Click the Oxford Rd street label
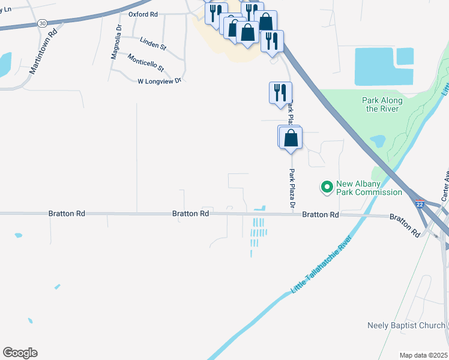pyautogui.click(x=143, y=14)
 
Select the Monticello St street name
pyautogui.click(x=145, y=62)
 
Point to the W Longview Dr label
pyautogui.click(x=159, y=80)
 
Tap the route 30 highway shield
pyautogui.click(x=41, y=23)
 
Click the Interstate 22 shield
pyautogui.click(x=420, y=205)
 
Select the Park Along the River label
pyautogui.click(x=382, y=104)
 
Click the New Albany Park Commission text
pyautogui.click(x=369, y=188)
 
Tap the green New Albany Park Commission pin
pyautogui.click(x=327, y=188)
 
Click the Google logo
pyautogui.click(x=20, y=353)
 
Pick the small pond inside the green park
pyautogui.click(x=378, y=141)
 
